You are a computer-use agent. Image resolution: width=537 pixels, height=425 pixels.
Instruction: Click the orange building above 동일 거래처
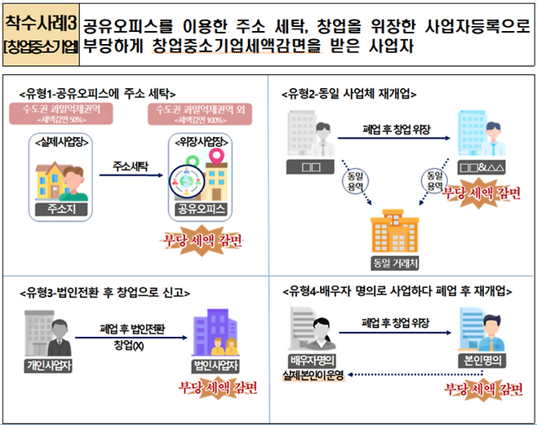[397, 232]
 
